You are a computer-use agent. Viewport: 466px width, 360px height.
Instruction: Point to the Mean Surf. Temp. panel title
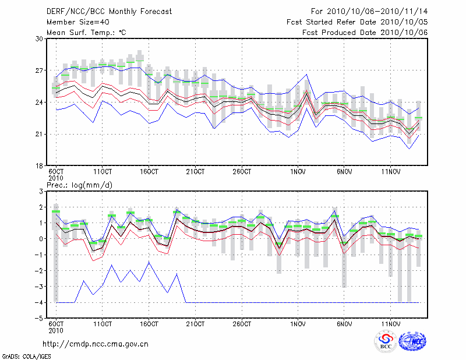coord(86,33)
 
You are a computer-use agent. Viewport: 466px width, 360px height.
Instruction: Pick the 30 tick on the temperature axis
coord(40,38)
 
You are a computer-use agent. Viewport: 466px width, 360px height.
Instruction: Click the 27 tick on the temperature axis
coord(40,70)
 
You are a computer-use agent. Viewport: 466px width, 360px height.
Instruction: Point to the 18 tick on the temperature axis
coord(40,166)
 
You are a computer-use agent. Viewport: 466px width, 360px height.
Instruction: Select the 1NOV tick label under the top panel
coord(298,172)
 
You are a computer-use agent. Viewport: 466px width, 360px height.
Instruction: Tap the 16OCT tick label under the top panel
coord(149,172)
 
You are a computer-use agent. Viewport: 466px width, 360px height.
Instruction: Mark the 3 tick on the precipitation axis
coord(41,191)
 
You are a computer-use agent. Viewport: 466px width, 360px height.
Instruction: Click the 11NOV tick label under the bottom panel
coord(391,324)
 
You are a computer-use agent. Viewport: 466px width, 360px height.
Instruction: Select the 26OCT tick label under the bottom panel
coord(242,324)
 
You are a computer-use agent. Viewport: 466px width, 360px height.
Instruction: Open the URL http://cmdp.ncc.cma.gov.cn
coord(96,344)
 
